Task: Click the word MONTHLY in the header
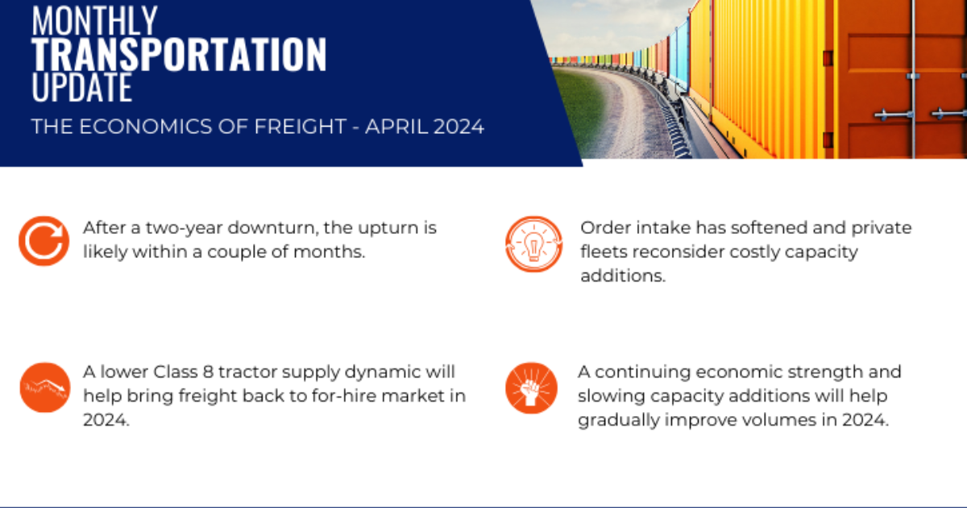tap(95, 19)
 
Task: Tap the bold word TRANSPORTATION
tap(179, 54)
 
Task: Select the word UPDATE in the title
tap(82, 87)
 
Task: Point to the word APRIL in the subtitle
tap(392, 127)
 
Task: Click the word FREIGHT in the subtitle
tap(288, 127)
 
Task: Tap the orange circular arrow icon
tap(44, 240)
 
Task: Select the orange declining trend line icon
tap(44, 387)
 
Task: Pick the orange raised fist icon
tap(531, 386)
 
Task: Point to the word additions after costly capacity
tap(622, 275)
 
